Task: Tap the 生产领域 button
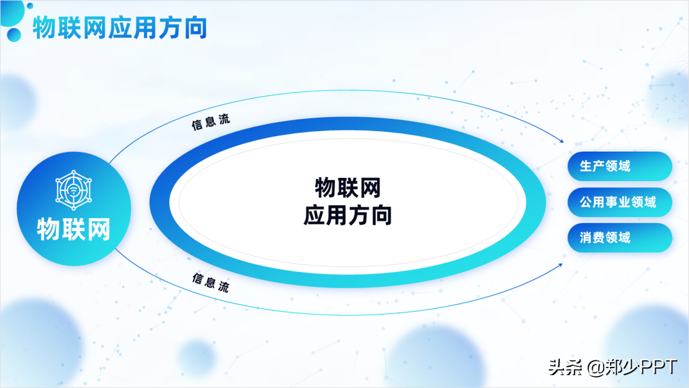tap(620, 166)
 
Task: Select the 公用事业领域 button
tap(620, 202)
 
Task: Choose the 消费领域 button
tap(620, 238)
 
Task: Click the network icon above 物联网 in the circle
tap(73, 190)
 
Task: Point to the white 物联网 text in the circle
tap(73, 228)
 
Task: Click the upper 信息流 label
tap(211, 123)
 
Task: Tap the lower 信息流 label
tap(211, 282)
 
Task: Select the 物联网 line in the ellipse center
tap(347, 188)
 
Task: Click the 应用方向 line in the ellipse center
tap(347, 215)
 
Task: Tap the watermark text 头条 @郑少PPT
tap(613, 367)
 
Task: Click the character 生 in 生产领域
tap(586, 166)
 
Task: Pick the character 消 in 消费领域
tap(586, 238)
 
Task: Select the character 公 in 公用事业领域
tap(586, 202)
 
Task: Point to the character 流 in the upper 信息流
tap(224, 120)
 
